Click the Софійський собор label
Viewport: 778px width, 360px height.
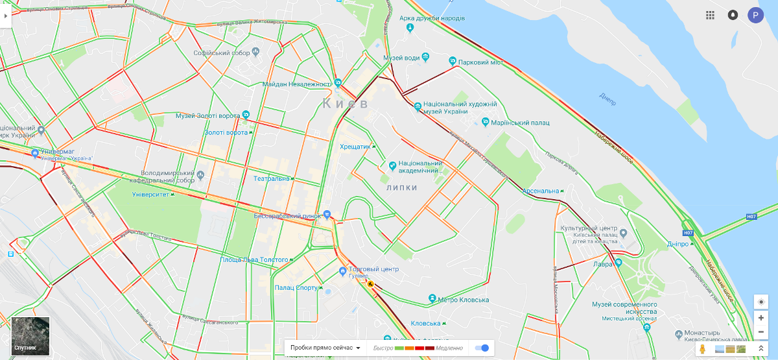[x=222, y=53]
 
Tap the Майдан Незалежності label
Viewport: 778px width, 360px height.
[x=297, y=84]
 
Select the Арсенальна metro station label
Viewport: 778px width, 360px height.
[x=541, y=191]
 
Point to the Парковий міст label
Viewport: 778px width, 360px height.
[x=480, y=63]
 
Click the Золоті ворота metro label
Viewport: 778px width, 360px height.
[x=226, y=132]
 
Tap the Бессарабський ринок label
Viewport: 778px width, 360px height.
[x=287, y=215]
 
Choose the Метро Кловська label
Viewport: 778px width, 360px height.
[x=463, y=300]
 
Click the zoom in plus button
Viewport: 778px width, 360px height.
[x=761, y=318]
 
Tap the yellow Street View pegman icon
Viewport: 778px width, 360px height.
[x=702, y=349]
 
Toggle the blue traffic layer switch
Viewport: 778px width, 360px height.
[x=482, y=348]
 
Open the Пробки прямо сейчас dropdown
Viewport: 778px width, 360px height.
[x=325, y=348]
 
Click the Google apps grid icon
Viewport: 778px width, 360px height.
[x=711, y=15]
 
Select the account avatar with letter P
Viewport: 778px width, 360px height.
[x=755, y=15]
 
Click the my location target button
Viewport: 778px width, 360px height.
[x=761, y=302]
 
